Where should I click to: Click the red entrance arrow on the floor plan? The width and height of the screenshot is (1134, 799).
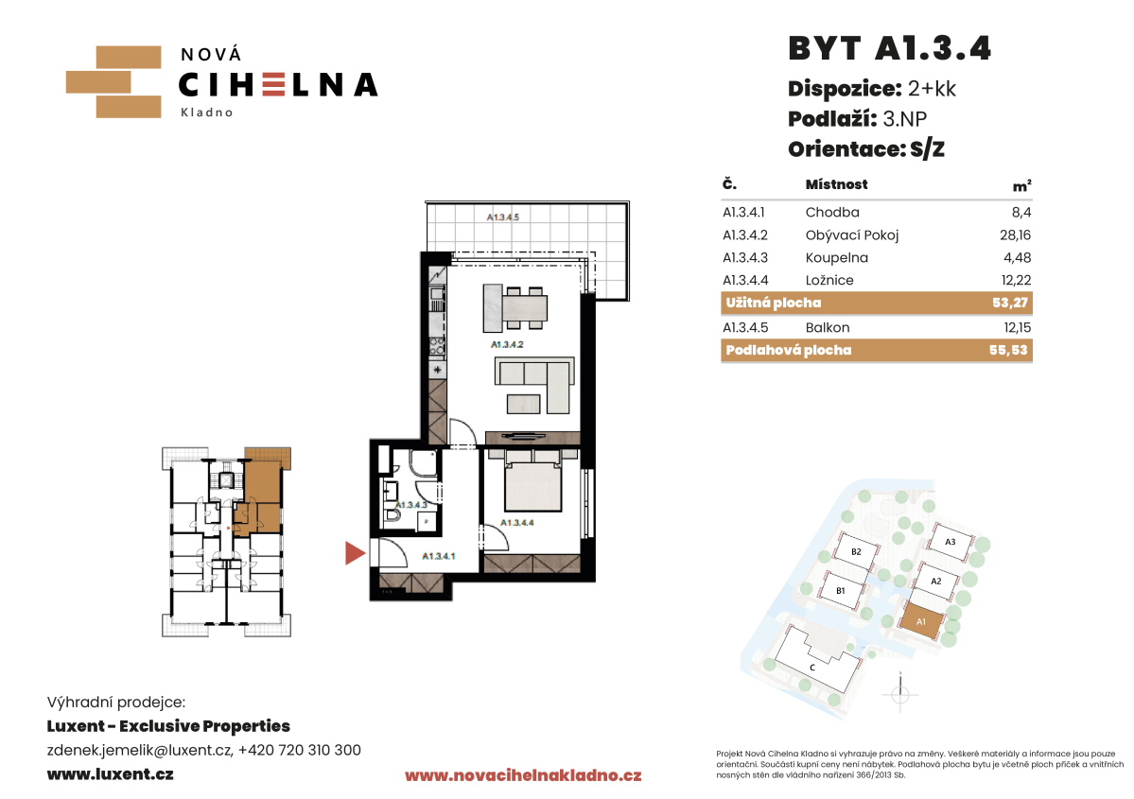(355, 553)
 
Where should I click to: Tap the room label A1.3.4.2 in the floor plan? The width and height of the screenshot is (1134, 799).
(507, 344)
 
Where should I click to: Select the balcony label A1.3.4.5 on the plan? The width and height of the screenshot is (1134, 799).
(502, 217)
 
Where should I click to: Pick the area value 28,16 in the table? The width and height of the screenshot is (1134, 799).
(1016, 235)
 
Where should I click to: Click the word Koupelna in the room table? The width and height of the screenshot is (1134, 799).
(837, 257)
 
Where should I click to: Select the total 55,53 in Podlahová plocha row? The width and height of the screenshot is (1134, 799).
(1008, 350)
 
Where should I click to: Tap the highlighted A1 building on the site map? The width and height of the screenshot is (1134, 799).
(921, 621)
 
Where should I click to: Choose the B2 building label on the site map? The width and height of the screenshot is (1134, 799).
(856, 551)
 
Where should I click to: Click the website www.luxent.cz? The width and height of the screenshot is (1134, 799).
(110, 773)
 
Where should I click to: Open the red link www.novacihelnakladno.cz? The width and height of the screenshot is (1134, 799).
(523, 775)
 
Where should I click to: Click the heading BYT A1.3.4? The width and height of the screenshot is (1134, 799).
(889, 48)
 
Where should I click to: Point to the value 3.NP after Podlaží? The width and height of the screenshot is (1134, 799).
(905, 118)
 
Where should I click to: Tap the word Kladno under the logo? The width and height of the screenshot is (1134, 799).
(207, 113)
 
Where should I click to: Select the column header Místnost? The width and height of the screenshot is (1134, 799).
(837, 184)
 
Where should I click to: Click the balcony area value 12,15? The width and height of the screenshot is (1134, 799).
(1018, 327)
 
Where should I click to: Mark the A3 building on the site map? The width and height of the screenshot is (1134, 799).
(950, 542)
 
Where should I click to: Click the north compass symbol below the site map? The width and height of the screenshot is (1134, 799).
(900, 694)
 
